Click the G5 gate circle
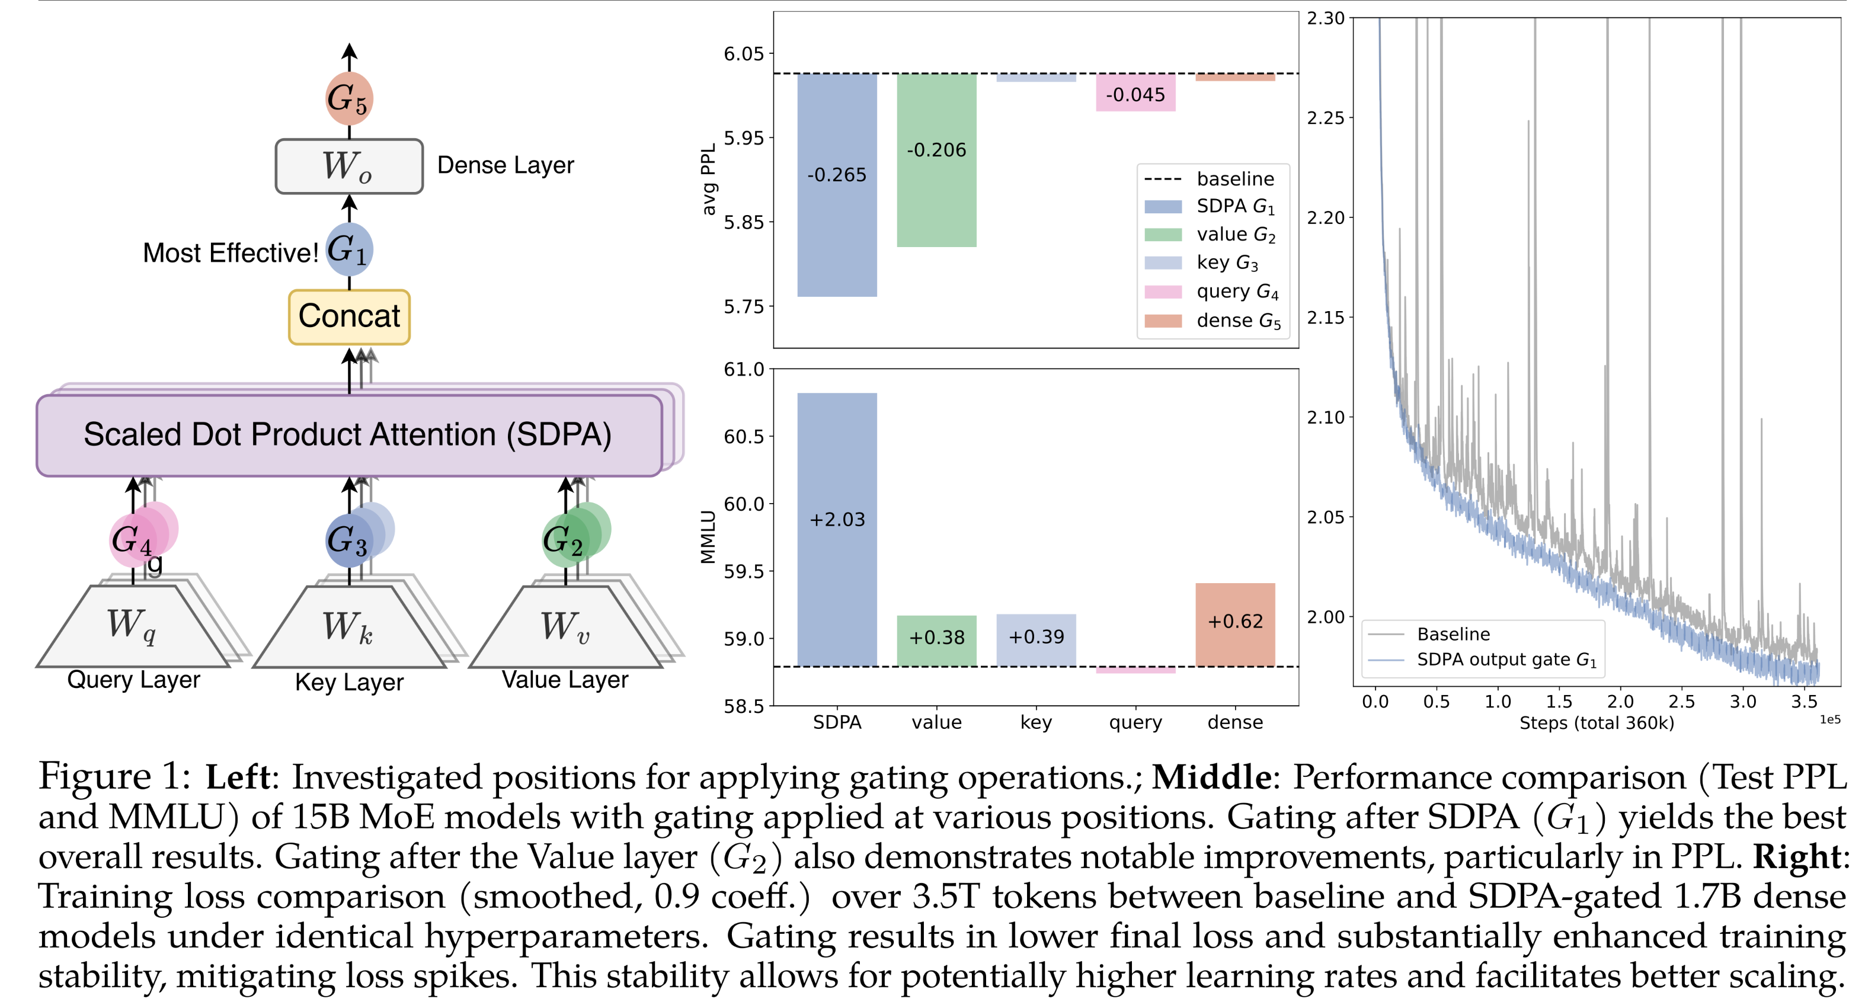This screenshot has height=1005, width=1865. click(x=349, y=98)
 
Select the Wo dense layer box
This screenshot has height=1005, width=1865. click(x=349, y=167)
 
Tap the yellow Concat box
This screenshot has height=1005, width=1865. click(x=349, y=316)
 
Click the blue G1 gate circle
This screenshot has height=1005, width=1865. click(x=349, y=250)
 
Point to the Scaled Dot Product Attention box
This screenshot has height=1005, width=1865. click(x=349, y=434)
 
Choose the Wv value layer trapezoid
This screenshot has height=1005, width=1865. click(x=565, y=626)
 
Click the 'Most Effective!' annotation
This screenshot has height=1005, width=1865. click(x=230, y=252)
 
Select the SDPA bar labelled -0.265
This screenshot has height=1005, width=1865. click(x=837, y=185)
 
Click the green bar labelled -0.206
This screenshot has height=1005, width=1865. click(x=936, y=160)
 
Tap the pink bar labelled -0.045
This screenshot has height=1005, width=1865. click(x=1135, y=92)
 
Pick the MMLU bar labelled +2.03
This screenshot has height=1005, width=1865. click(x=837, y=529)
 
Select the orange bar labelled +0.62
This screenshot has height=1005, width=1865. click(x=1235, y=624)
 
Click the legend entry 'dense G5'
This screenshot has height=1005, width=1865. click(x=1238, y=321)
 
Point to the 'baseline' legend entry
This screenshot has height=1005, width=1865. click(x=1235, y=179)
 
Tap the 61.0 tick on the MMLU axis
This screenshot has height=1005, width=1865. click(x=744, y=369)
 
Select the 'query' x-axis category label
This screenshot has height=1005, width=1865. click(x=1135, y=722)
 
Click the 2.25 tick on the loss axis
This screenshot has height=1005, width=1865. click(x=1325, y=117)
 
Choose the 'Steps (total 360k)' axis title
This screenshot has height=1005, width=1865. click(x=1597, y=722)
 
